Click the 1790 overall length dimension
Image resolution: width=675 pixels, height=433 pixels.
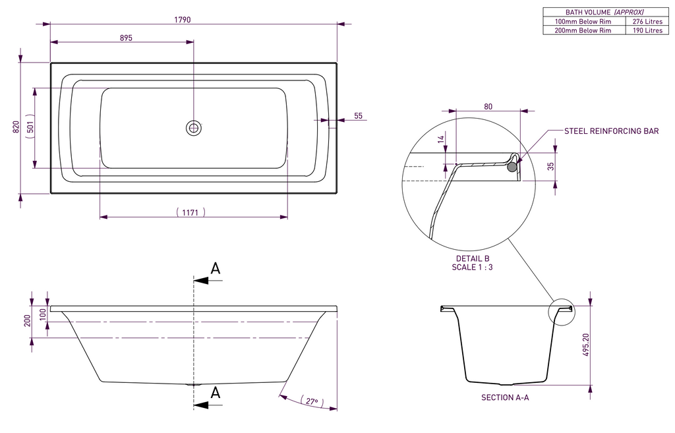pos(183,20)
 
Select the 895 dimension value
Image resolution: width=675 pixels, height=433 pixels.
pos(126,38)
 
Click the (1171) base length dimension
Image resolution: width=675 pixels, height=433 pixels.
pos(191,212)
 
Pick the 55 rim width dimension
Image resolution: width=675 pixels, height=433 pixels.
pos(358,116)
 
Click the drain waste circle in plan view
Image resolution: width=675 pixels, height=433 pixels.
pos(194,128)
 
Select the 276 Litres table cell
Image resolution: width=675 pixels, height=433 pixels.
pos(643,21)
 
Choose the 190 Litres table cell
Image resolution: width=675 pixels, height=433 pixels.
pos(643,30)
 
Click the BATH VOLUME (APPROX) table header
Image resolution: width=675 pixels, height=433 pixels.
pos(604,12)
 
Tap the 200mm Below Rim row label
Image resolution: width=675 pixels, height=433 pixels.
pos(583,30)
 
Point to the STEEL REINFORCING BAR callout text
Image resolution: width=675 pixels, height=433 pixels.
pos(612,131)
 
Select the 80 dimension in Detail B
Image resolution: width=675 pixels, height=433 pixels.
pos(488,105)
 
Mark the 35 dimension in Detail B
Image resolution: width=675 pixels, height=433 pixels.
pos(551,166)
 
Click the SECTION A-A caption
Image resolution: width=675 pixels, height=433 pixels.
pos(505,397)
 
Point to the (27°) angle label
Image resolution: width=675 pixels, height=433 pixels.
pos(310,401)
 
